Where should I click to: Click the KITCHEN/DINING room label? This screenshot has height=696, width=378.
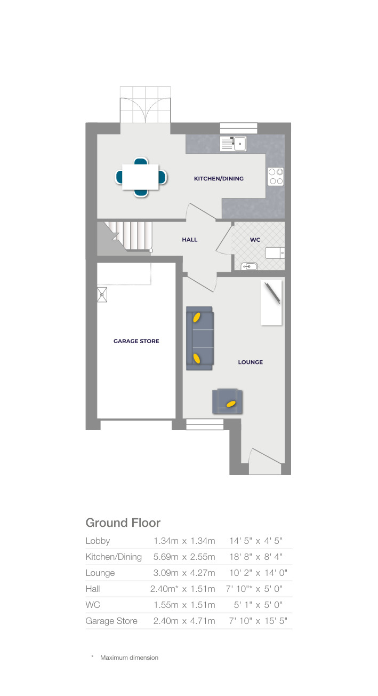pyautogui.click(x=219, y=178)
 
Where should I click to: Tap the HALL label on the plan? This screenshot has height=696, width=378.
pyautogui.click(x=189, y=240)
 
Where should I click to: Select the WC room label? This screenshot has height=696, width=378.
pyautogui.click(x=255, y=240)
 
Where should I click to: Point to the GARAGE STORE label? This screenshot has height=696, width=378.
pyautogui.click(x=136, y=341)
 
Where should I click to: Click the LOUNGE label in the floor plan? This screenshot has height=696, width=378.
pyautogui.click(x=250, y=362)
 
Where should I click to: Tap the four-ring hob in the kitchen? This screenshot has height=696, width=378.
pyautogui.click(x=276, y=177)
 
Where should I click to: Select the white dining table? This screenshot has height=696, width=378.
pyautogui.click(x=141, y=177)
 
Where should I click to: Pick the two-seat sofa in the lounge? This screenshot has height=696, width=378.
pyautogui.click(x=199, y=338)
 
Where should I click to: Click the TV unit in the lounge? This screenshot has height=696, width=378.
pyautogui.click(x=271, y=303)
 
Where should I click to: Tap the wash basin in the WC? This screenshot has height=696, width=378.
pyautogui.click(x=249, y=266)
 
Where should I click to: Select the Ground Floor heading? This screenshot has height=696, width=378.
pyautogui.click(x=123, y=523)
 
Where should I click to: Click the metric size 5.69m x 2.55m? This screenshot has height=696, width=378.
pyautogui.click(x=184, y=557)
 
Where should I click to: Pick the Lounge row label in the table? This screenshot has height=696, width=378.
pyautogui.click(x=100, y=573)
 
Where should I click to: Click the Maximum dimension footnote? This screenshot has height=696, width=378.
pyautogui.click(x=129, y=658)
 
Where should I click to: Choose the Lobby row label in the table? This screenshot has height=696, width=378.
pyautogui.click(x=98, y=541)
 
